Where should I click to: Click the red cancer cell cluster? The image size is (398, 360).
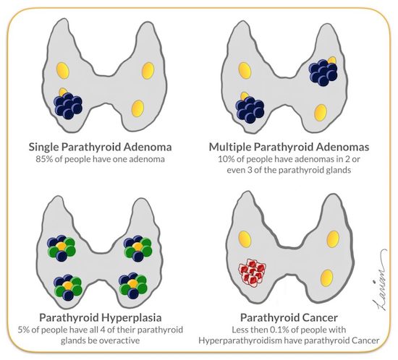pos(252,273)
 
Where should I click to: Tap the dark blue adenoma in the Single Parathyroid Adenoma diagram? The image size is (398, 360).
pos(68,106)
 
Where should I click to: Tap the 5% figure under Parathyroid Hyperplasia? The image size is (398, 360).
pos(24,330)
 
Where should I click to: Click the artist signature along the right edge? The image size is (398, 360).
pos(381,281)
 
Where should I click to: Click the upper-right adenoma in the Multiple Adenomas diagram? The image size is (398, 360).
pos(323,72)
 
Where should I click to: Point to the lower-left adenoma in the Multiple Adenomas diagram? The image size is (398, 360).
pos(250,110)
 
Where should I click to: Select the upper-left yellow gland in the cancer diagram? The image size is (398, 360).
pos(245,239)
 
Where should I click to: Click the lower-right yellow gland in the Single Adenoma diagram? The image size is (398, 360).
pos(137,108)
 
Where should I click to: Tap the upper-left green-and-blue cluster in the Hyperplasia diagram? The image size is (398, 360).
pos(62,248)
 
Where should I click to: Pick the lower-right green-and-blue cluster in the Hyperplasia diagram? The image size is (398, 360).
pos(133,286)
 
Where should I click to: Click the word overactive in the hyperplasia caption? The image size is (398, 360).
pos(119,340)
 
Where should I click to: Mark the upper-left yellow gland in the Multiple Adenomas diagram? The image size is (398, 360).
pos(245,70)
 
